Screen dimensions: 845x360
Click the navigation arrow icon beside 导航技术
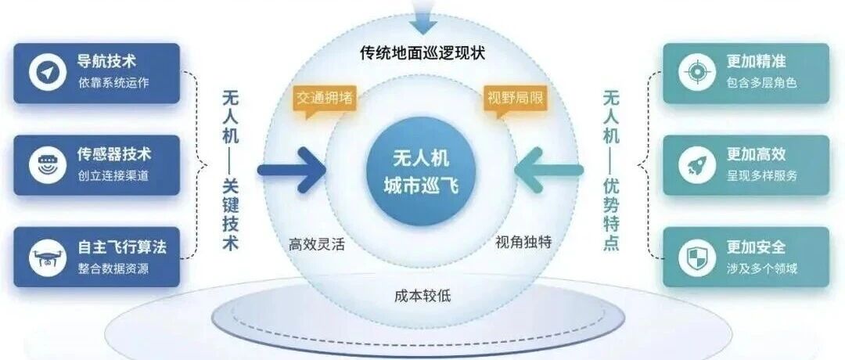(x=48, y=73)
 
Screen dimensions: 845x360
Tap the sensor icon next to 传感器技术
(x=48, y=165)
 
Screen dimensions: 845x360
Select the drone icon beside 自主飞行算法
(x=48, y=257)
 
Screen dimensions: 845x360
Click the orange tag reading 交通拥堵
(x=325, y=99)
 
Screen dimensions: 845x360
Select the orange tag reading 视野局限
(x=515, y=99)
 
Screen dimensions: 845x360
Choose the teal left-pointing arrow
(x=548, y=171)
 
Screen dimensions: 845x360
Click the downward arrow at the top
(x=422, y=17)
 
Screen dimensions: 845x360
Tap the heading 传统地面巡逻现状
(x=422, y=53)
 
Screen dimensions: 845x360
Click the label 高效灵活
(x=316, y=245)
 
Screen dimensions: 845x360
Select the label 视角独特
(x=523, y=243)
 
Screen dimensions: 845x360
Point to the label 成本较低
(x=422, y=295)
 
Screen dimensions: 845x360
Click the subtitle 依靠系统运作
(x=113, y=83)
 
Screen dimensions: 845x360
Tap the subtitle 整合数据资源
(x=113, y=268)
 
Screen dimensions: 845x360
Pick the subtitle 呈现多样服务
(x=761, y=175)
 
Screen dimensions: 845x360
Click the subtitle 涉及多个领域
(x=761, y=268)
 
